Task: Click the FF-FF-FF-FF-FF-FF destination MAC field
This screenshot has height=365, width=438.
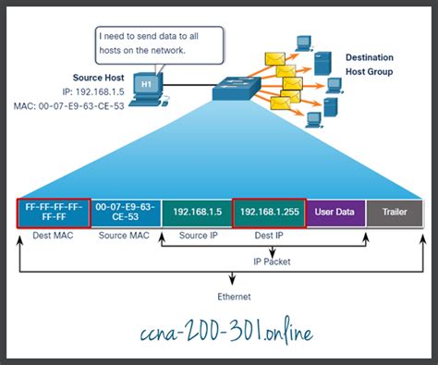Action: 53,213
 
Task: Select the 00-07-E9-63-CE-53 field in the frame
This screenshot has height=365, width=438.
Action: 126,213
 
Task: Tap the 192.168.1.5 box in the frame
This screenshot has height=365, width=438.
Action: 196,213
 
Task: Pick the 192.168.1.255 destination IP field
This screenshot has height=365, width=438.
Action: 269,213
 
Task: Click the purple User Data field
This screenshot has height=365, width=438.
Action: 335,213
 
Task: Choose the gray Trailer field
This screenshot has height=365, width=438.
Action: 395,213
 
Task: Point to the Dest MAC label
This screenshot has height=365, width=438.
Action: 53,237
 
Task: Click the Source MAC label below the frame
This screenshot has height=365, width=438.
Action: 125,237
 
